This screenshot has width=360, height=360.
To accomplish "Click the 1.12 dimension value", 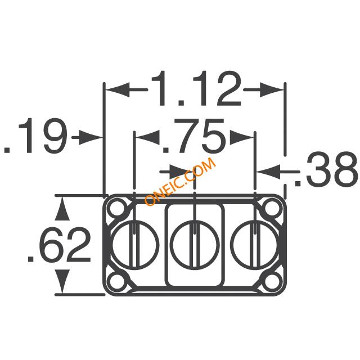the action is [196, 88].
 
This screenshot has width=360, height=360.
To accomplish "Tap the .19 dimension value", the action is [36, 136].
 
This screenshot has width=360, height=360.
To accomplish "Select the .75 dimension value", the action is [193, 136].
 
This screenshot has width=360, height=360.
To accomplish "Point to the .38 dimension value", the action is [326, 169].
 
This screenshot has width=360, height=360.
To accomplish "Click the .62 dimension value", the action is [59, 245].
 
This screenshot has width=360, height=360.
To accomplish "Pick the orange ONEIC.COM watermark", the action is [180, 182].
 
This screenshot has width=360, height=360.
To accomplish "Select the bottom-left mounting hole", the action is [117, 281].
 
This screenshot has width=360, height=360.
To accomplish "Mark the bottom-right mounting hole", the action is [272, 281].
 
